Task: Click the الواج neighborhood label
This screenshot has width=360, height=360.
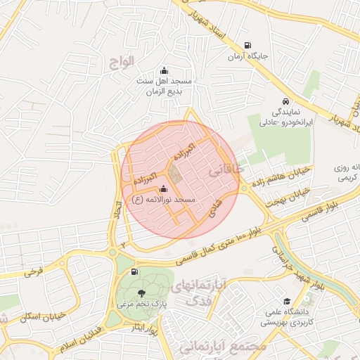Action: click(121, 62)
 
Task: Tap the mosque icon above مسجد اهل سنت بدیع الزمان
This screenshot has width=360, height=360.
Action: click(164, 70)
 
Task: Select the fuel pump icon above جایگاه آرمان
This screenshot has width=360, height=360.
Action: click(245, 45)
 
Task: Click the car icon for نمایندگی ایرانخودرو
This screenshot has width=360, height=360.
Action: click(285, 101)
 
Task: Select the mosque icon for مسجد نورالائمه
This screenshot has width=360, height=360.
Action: click(164, 189)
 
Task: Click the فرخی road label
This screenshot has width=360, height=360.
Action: click(33, 271)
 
